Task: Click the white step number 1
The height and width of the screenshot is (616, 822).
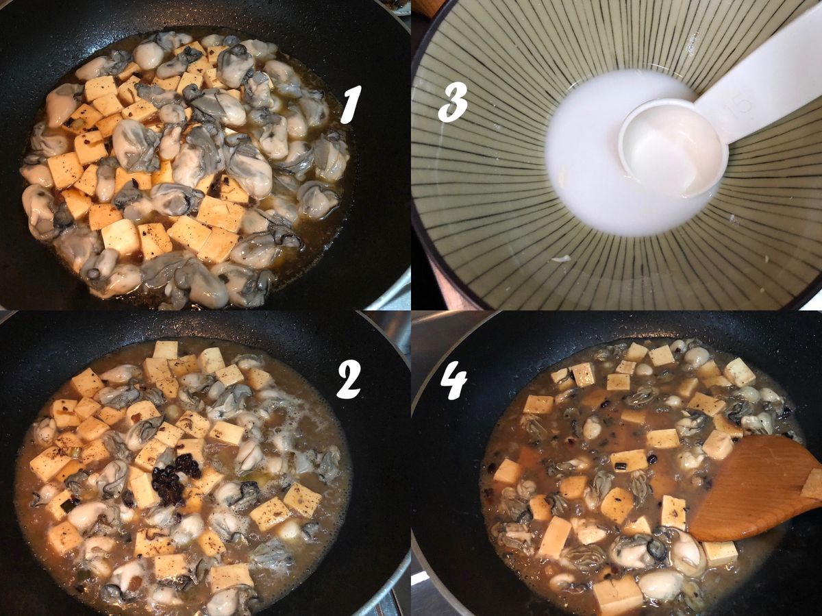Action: click(x=350, y=104)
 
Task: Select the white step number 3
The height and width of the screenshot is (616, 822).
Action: click(x=453, y=101)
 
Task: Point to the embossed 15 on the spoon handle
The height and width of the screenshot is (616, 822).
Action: click(x=743, y=102)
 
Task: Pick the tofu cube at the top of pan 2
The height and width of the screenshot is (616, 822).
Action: click(x=166, y=350)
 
